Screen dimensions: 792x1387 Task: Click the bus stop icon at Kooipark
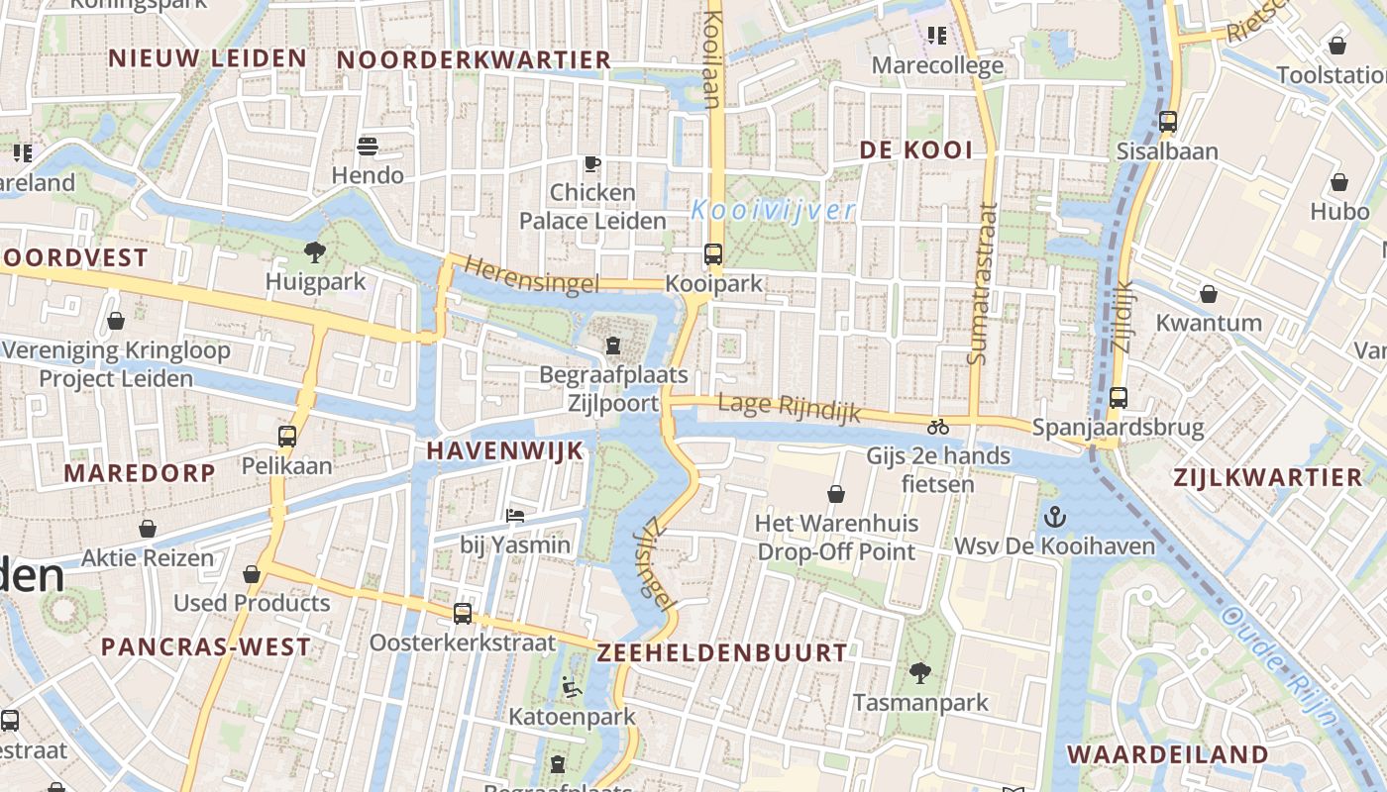(x=712, y=253)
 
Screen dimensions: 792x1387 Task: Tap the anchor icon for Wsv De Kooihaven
(x=1055, y=516)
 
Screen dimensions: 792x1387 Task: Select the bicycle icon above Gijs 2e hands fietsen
(x=938, y=427)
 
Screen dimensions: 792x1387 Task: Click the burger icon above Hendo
(x=368, y=147)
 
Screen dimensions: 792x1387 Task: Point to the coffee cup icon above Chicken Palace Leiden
(x=592, y=163)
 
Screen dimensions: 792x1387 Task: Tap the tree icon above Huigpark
(x=315, y=252)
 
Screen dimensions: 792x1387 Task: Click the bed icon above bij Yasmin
(x=515, y=515)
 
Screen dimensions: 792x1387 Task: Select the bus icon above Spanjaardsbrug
(x=1119, y=398)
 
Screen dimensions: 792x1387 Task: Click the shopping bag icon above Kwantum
(x=1209, y=293)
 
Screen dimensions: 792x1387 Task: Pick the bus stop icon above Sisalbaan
(x=1168, y=122)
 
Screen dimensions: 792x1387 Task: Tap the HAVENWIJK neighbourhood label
(x=505, y=450)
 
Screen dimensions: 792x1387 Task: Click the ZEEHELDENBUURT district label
(x=722, y=652)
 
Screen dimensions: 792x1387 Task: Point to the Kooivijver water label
(x=774, y=210)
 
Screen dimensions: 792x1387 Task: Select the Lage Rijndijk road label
(x=789, y=407)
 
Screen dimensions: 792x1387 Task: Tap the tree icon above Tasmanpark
(x=920, y=673)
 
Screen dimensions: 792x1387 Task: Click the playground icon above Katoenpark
(x=572, y=686)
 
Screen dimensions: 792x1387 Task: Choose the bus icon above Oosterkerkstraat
(x=463, y=613)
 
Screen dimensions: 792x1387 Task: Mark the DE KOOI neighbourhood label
(x=915, y=150)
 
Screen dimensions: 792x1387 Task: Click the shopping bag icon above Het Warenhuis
(x=836, y=493)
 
